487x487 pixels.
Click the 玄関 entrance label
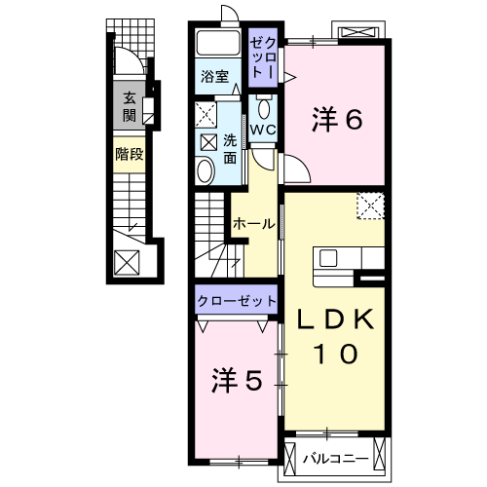point(130,107)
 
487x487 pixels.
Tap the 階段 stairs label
point(130,154)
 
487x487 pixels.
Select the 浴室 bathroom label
point(214,76)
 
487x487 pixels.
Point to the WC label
point(263,130)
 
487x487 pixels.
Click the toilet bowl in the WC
point(264,107)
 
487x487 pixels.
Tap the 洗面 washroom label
point(230,149)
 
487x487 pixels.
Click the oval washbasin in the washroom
point(206,170)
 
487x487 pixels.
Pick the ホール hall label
point(254,224)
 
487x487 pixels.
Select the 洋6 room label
point(337,120)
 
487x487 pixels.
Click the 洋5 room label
point(237,381)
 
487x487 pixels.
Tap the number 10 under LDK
point(336,354)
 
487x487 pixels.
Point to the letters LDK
point(336,318)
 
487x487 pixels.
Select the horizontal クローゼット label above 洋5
point(237,301)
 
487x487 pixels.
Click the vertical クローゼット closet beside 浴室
point(263,58)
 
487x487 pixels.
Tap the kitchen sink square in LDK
point(328,258)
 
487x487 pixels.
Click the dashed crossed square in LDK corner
point(370,206)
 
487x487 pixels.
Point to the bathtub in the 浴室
point(218,44)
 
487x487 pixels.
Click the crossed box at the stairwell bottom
point(127,263)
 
